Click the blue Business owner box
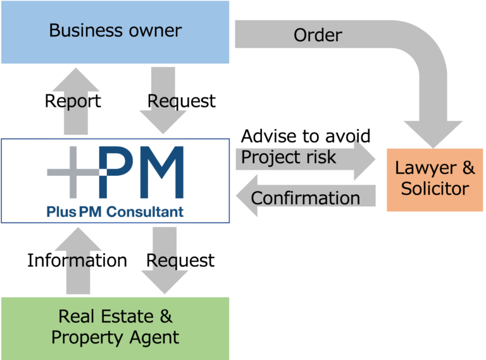[115, 31]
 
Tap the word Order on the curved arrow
[318, 35]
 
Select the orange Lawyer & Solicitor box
[434, 178]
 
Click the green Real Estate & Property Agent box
[115, 326]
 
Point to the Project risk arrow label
[289, 157]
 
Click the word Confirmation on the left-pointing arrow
[305, 198]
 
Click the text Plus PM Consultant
[115, 211]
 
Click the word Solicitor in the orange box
[434, 188]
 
